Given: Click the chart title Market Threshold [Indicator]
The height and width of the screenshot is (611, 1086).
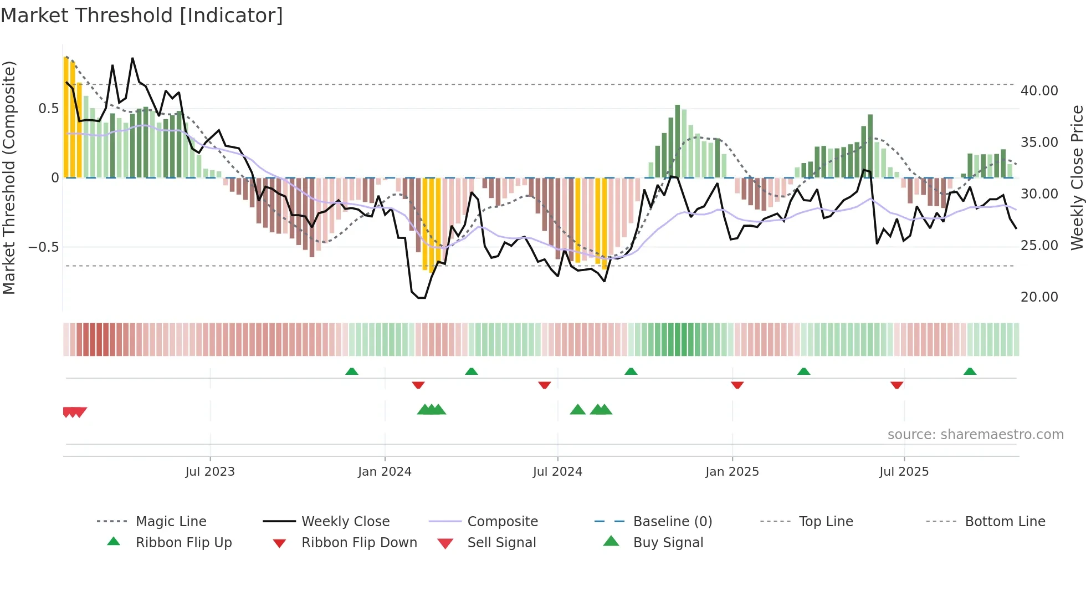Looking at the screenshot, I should (x=142, y=16).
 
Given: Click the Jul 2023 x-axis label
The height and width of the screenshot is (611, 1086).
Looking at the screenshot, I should (x=210, y=472).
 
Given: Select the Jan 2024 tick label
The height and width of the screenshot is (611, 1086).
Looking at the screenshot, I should (x=385, y=472).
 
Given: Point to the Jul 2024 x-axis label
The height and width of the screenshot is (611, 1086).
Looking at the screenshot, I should (x=557, y=472).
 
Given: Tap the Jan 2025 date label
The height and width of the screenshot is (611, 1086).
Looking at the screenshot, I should (x=732, y=472).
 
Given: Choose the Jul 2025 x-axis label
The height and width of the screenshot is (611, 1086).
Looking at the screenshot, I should (x=904, y=472).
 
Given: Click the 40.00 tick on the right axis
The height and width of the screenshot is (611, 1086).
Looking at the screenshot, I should (x=1039, y=91).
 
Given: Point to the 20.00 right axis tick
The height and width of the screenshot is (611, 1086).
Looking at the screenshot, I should (x=1039, y=297).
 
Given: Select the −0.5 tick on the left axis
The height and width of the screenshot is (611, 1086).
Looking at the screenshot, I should (x=44, y=247).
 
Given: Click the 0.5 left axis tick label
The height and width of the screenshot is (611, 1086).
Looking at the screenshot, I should (x=49, y=109).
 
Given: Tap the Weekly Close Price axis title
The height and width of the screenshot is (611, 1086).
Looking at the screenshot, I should (x=1077, y=177).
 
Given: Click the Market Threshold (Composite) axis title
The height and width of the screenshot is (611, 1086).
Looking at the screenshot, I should (x=9, y=177).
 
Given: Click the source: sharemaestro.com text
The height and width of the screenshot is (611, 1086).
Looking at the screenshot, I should (x=975, y=435).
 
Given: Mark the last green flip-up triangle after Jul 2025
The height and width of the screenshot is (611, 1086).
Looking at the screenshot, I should (x=970, y=371).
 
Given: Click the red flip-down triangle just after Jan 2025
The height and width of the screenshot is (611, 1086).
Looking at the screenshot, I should (x=737, y=385).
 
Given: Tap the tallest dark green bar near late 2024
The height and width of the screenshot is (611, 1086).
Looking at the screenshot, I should (x=678, y=141).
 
